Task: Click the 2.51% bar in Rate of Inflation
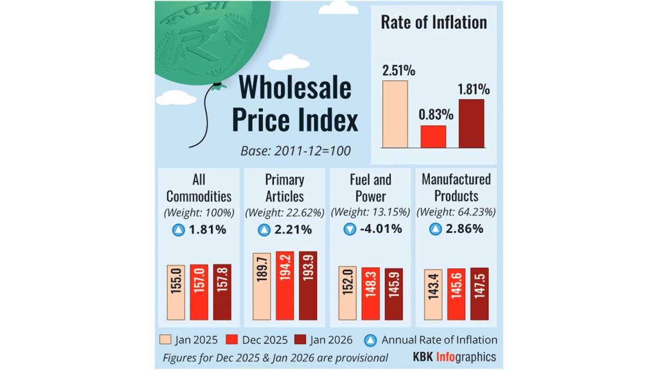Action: click(x=395, y=114)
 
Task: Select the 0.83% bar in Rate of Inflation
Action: click(x=433, y=137)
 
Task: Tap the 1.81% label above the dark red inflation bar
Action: click(x=473, y=89)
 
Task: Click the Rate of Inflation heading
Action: click(x=434, y=23)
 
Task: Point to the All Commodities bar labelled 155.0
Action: click(x=176, y=292)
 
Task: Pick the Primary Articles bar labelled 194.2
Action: click(x=285, y=286)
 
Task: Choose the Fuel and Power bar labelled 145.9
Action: click(x=394, y=294)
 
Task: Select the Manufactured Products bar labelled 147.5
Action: click(x=479, y=294)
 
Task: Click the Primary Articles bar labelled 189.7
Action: click(x=261, y=287)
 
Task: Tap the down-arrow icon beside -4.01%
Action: click(x=350, y=230)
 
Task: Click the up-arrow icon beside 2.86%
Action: click(x=435, y=230)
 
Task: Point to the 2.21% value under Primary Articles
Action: click(x=293, y=230)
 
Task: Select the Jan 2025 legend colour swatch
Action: click(x=165, y=340)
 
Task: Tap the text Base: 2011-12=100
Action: click(x=296, y=151)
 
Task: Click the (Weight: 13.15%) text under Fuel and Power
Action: click(x=370, y=212)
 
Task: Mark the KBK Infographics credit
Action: click(x=454, y=357)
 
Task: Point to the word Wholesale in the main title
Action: click(x=295, y=87)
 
